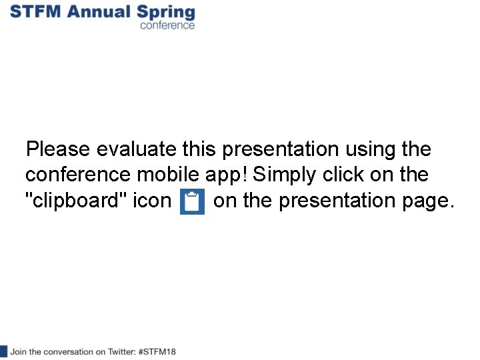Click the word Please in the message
[57, 149]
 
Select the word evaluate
[137, 149]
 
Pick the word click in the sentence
[345, 175]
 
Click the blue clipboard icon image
[192, 202]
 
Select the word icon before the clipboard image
[152, 201]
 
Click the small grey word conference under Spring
[167, 25]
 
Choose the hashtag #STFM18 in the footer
[157, 351]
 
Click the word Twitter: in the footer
[121, 351]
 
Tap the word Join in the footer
[19, 351]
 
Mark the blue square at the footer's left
[3, 351]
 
